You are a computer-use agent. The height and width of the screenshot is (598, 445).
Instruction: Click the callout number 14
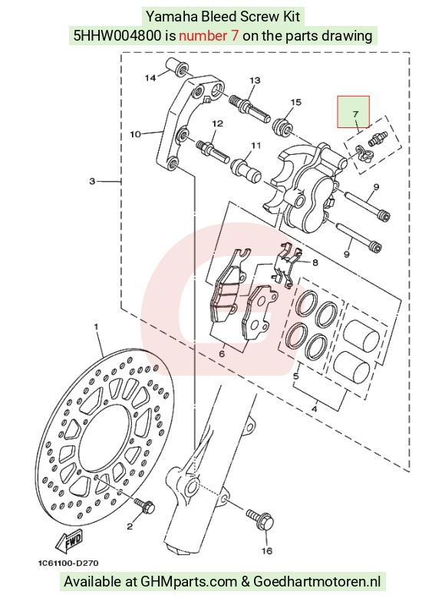click(x=150, y=77)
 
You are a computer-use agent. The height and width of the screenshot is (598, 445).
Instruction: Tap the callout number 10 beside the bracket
click(x=136, y=134)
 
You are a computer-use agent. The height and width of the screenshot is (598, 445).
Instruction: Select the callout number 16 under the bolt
click(x=267, y=550)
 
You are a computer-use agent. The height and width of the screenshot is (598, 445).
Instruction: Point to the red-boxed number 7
click(x=356, y=114)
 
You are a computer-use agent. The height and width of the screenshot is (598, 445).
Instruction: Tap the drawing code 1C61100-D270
click(x=68, y=563)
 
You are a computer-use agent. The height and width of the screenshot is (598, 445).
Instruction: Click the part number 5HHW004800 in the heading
click(x=117, y=36)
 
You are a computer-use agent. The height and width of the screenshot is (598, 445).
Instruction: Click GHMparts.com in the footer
click(x=189, y=582)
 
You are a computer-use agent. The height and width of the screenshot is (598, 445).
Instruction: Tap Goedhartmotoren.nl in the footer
click(x=317, y=582)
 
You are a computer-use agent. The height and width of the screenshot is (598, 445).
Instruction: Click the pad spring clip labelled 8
click(x=287, y=264)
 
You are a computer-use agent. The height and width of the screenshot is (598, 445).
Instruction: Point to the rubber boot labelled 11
click(x=246, y=171)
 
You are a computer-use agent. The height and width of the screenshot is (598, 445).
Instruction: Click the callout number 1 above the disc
click(x=96, y=327)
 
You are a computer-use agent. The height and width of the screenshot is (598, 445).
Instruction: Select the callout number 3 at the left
click(x=92, y=181)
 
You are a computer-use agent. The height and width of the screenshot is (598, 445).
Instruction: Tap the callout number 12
click(x=217, y=123)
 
